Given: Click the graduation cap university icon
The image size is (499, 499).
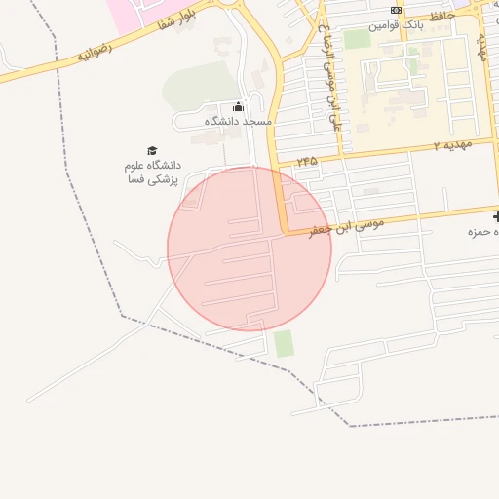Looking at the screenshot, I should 151,149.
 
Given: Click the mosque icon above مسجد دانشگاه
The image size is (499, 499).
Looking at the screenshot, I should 238,107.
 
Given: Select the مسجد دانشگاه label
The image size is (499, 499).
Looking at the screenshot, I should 238,122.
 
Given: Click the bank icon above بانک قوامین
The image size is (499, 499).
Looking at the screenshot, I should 395,9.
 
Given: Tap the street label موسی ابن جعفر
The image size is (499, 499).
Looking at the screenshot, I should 347,228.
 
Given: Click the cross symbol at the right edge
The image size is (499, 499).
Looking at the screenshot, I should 495,215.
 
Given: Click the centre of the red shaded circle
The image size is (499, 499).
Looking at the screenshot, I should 249,249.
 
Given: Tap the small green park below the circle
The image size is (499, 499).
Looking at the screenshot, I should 284,343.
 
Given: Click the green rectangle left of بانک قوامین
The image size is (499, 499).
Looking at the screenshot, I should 358,39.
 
